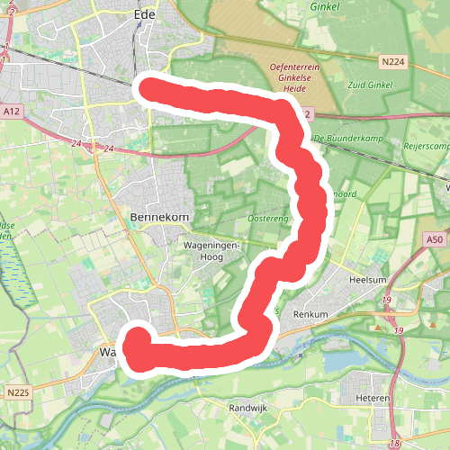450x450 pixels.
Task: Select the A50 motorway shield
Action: [434, 238]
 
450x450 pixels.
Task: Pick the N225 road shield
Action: [17, 392]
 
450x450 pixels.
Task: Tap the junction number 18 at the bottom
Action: [395, 444]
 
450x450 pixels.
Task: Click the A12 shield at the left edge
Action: [12, 112]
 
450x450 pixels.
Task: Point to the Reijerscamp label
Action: [428, 147]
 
